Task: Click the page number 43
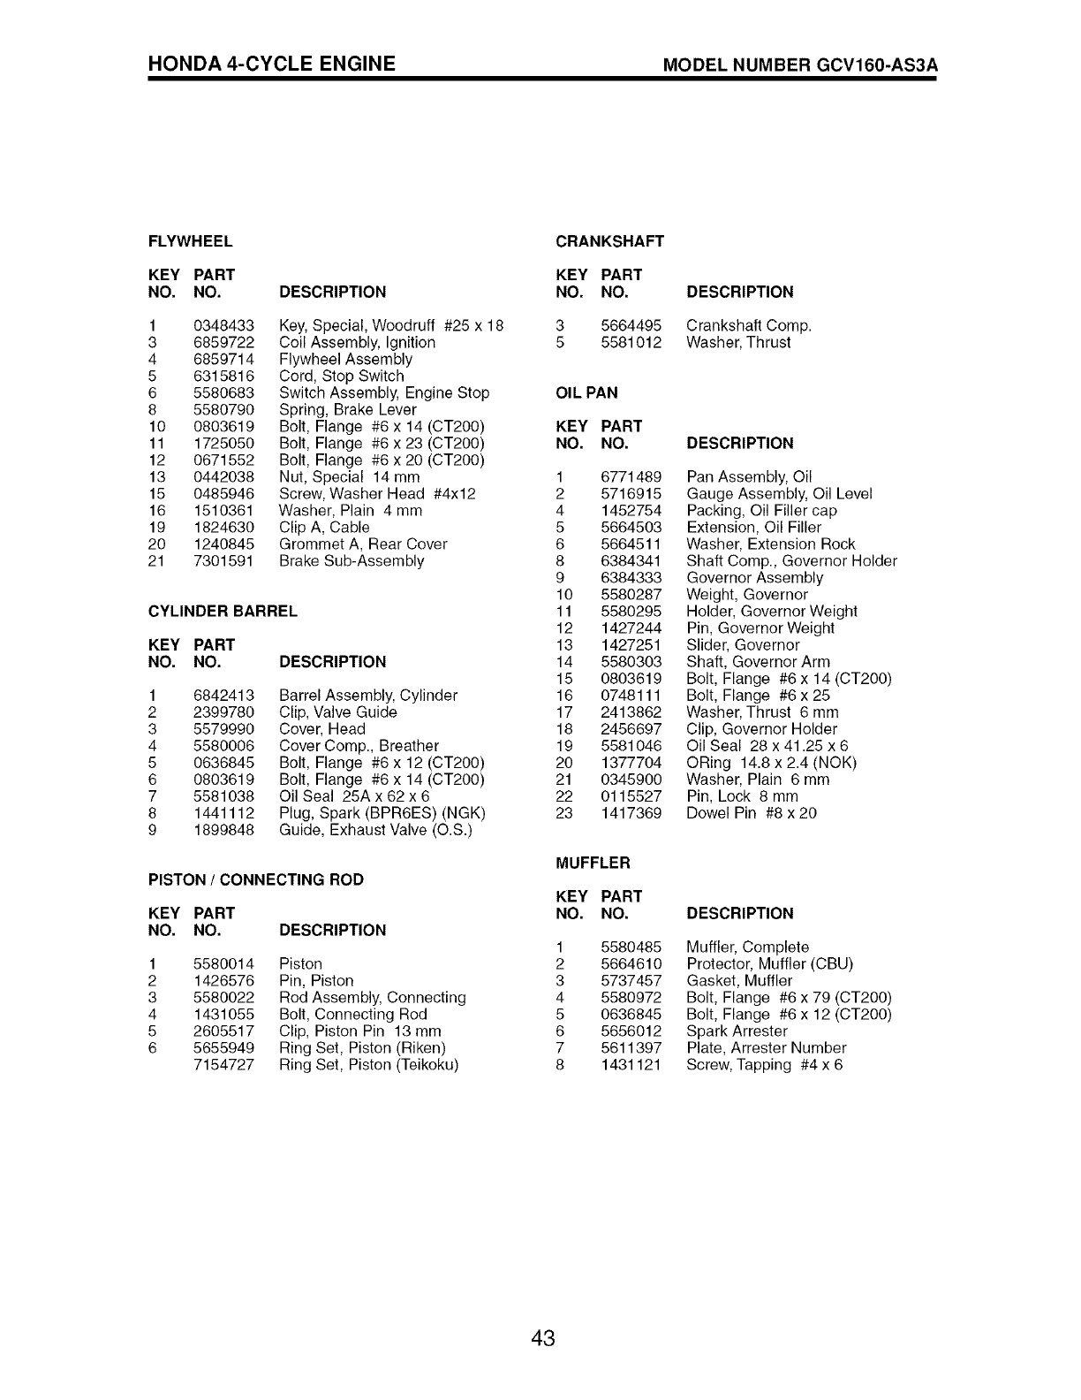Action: tap(542, 1338)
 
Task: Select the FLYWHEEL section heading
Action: tap(190, 241)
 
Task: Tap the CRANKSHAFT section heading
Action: tap(609, 241)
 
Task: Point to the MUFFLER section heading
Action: tap(593, 863)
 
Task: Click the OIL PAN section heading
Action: tap(586, 392)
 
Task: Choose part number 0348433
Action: tap(223, 325)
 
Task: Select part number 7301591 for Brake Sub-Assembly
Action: tap(223, 560)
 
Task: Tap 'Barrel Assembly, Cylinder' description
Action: tap(367, 696)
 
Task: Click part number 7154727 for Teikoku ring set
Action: tap(223, 1065)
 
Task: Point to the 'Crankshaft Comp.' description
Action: tap(748, 325)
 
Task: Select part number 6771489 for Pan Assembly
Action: tap(631, 476)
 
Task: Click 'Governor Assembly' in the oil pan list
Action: tap(754, 577)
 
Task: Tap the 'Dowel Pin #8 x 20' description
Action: tap(751, 812)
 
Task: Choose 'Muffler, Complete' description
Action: tap(747, 947)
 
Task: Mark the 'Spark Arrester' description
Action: tap(737, 1031)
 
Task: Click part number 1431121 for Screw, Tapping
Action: tap(631, 1065)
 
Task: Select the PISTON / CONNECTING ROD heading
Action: tap(255, 879)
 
